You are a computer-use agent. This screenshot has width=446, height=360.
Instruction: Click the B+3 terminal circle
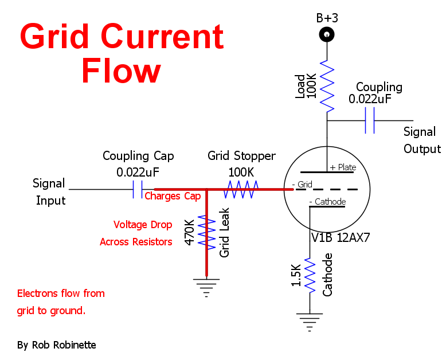click(327, 36)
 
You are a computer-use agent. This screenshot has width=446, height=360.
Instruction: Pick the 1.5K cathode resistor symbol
click(310, 276)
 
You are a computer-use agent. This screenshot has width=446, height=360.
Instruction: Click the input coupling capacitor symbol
click(138, 189)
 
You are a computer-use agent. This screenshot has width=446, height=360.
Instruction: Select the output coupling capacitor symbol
click(370, 121)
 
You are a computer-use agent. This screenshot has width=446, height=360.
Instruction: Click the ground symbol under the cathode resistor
click(310, 321)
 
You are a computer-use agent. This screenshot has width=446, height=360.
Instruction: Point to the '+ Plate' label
click(343, 167)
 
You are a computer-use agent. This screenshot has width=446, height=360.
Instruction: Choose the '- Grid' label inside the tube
click(302, 185)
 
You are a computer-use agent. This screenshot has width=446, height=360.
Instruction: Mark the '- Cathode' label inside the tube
click(327, 202)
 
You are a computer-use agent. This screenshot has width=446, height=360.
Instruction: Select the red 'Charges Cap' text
click(173, 196)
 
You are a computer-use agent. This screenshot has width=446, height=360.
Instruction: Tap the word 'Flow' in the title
click(121, 72)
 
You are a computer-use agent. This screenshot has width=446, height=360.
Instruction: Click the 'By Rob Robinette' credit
click(57, 345)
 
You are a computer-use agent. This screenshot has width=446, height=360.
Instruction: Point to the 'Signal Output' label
click(422, 140)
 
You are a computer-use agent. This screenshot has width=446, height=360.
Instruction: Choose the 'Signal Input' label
click(50, 192)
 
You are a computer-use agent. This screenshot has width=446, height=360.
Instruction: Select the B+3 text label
click(327, 18)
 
